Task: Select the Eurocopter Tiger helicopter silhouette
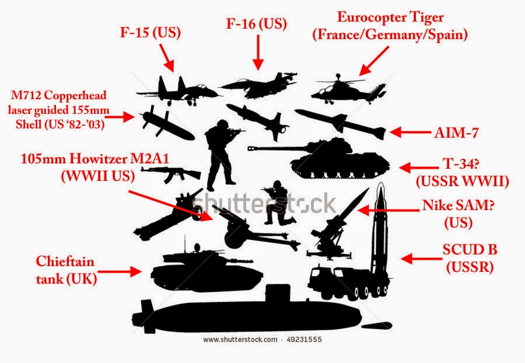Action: tap(347, 90)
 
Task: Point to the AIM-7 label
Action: tap(457, 133)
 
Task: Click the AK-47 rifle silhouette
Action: tap(170, 172)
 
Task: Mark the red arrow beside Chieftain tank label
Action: tap(120, 271)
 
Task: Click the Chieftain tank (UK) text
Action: tap(65, 270)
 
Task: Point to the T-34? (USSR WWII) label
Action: tap(461, 173)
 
